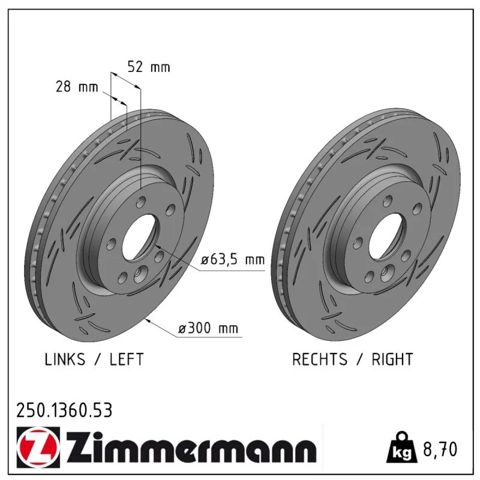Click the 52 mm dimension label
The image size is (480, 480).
click(149, 67)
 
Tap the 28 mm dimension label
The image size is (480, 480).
click(77, 86)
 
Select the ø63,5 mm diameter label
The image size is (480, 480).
click(233, 260)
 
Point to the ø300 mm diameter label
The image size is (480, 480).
click(208, 328)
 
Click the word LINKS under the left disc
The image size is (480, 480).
click(65, 359)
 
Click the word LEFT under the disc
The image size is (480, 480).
click(127, 359)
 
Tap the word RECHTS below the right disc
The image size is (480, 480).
click(320, 359)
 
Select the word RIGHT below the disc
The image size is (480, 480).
click(392, 359)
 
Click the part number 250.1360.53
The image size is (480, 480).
click(64, 410)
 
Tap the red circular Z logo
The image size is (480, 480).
click(38, 447)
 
